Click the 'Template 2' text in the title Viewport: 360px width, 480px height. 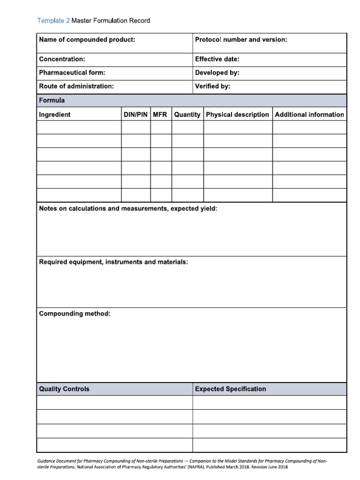tap(53, 21)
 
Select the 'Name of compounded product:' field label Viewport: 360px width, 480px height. tap(87, 40)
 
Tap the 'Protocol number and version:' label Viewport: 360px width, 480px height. tap(241, 40)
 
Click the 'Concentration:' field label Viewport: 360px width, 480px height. tap(62, 60)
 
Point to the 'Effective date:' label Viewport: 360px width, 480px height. tap(217, 60)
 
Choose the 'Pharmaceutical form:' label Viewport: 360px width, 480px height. tap(72, 73)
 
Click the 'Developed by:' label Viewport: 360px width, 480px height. tap(217, 73)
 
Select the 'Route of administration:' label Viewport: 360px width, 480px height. tap(76, 87)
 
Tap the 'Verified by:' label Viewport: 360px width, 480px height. tap(212, 87)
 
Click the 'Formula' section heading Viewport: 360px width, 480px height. tap(52, 100)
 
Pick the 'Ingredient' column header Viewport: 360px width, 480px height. tap(55, 114)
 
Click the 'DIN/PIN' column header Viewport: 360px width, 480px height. tap(135, 114)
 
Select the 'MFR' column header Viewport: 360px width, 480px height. tap(160, 114)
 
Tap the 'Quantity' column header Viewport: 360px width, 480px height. tap(187, 114)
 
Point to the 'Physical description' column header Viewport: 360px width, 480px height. tap(238, 114)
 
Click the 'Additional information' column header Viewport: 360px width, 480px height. tap(309, 114)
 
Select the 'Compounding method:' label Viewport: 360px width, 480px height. tap(75, 314)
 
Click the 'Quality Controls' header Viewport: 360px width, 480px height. tap(64, 389)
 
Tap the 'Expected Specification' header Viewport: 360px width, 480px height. tap(230, 389)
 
